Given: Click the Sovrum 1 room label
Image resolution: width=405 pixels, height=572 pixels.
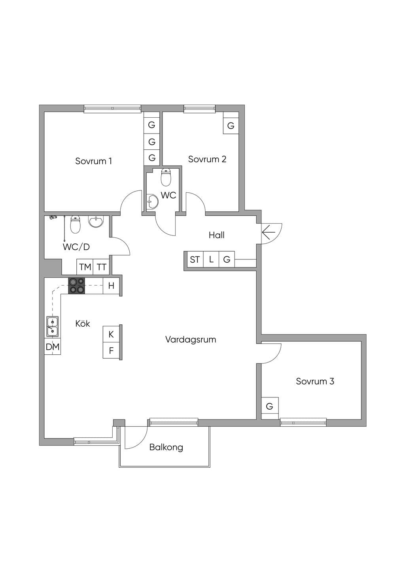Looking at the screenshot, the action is tap(93, 161).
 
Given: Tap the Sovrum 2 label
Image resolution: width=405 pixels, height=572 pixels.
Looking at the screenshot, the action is tap(207, 159).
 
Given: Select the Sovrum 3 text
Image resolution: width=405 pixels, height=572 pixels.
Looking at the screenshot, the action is tap(315, 381).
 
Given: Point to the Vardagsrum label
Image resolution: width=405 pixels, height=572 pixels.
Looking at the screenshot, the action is tap(191, 340).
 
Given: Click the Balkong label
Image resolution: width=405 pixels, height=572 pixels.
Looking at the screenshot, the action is tap(166, 448).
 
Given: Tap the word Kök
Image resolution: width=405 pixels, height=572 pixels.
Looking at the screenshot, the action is tap(83, 324).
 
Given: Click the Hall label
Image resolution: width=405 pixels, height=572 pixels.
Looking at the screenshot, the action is tap(217, 235).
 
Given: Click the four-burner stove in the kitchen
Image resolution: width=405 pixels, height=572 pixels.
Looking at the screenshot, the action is tap(76, 286).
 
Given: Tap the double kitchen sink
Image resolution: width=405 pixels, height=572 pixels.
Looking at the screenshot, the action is tap(53, 326).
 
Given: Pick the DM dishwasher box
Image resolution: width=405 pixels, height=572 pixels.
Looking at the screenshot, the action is tap(53, 346).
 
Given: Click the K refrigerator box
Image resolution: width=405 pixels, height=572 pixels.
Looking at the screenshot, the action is tap(111, 334).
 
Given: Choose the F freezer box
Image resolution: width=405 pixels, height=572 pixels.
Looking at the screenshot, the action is tap(111, 350).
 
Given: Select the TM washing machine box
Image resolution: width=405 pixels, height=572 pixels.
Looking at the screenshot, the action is tap(85, 267).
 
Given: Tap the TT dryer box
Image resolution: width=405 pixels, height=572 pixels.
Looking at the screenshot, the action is tap(101, 267).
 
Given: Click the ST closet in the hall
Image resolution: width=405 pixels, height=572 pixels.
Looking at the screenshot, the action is tap(195, 260).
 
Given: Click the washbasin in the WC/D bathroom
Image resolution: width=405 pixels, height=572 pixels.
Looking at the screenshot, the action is tap(96, 221).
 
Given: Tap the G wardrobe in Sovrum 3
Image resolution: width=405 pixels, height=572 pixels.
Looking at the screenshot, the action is tap(270, 406).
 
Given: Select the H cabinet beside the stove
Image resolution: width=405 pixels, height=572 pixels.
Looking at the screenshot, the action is tap(111, 286).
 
